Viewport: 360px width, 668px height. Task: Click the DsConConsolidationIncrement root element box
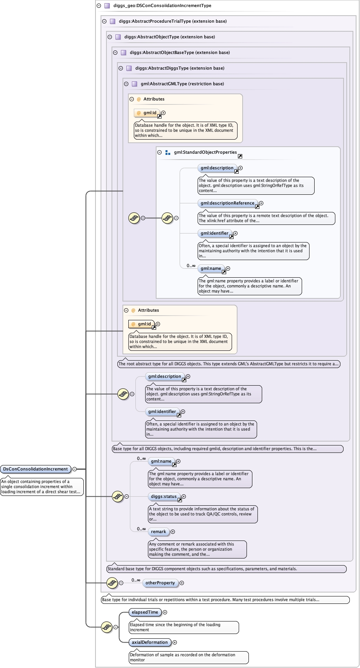click(x=36, y=469)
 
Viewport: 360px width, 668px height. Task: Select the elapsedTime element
click(x=145, y=612)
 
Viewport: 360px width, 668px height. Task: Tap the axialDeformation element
click(x=149, y=642)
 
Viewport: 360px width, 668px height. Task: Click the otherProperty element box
click(x=160, y=583)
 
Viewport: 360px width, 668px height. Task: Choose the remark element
click(x=158, y=532)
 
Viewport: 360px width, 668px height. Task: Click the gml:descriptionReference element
click(x=227, y=203)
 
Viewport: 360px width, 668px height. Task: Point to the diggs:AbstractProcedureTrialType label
click(x=173, y=21)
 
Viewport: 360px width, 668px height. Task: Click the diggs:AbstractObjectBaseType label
click(x=180, y=52)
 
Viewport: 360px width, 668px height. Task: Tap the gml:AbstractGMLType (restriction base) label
click(x=182, y=84)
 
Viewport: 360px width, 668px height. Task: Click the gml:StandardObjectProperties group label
click(x=205, y=152)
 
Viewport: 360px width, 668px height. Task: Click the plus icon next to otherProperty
click(x=182, y=583)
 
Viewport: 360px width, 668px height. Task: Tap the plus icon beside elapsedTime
click(x=165, y=612)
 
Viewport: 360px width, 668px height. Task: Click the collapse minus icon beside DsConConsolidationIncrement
click(x=74, y=469)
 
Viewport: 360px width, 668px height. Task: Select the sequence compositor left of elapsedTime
click(x=106, y=627)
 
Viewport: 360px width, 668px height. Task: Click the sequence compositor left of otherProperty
click(x=112, y=583)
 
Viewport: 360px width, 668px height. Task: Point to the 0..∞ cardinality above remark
click(x=141, y=529)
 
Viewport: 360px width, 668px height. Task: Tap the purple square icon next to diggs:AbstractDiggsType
click(x=129, y=68)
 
